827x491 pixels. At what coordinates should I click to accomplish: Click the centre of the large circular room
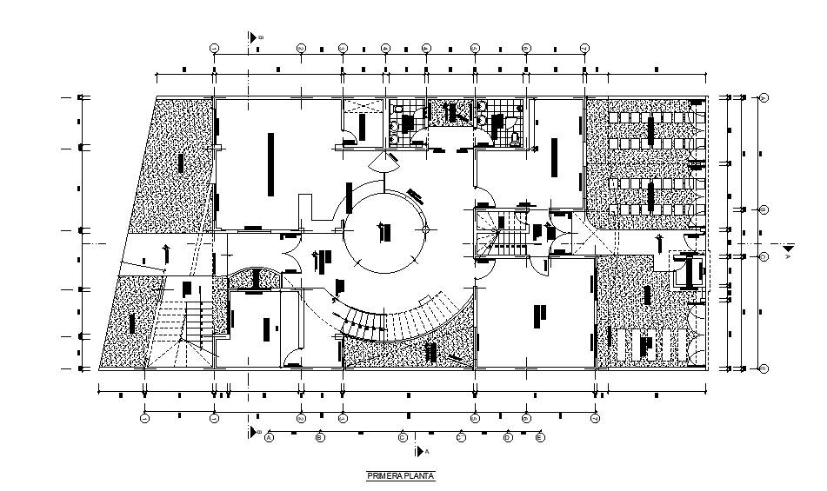pos(385,232)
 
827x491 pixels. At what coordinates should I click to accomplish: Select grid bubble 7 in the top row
pos(584,47)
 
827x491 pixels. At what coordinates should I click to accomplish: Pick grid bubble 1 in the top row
pos(215,47)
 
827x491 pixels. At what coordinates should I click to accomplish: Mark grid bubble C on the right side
pos(764,257)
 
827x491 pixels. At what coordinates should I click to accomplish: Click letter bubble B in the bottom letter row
pos(320,437)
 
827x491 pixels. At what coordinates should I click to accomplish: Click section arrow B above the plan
pos(253,37)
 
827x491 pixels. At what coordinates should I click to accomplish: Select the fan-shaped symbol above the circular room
pos(384,162)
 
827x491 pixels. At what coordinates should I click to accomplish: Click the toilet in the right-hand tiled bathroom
pos(515,136)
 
